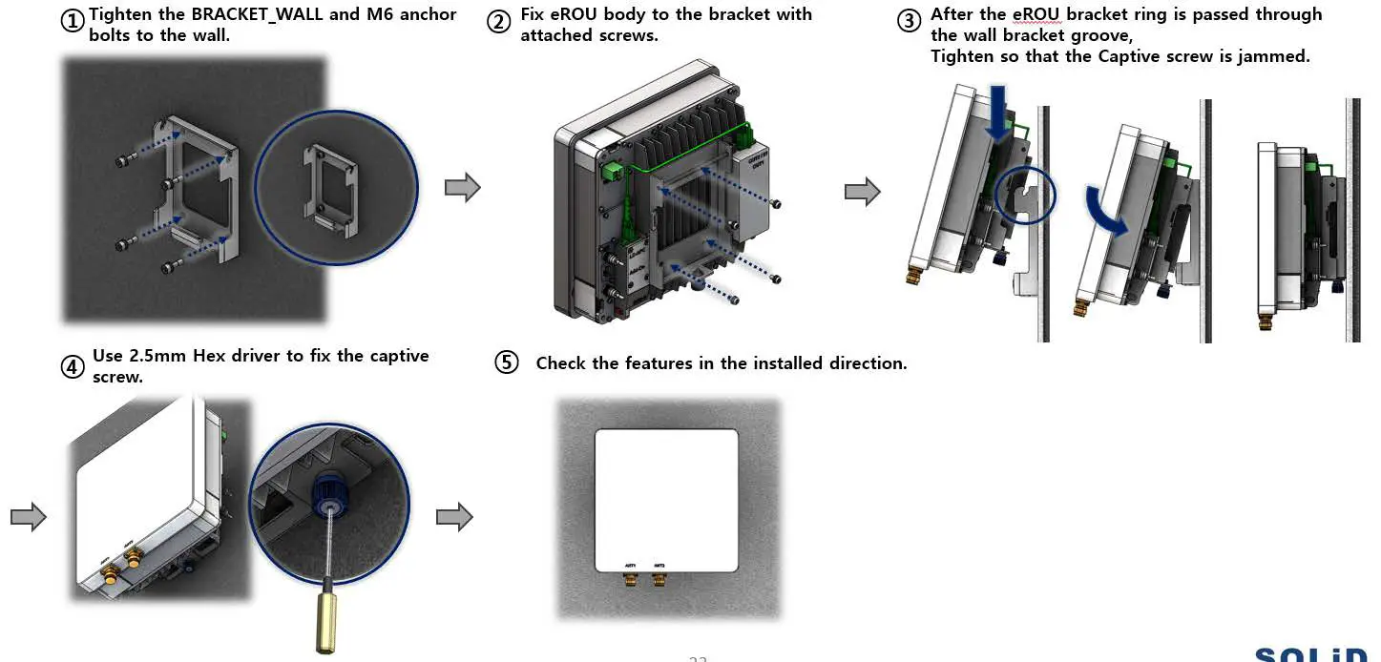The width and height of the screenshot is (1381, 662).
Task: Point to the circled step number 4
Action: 73,366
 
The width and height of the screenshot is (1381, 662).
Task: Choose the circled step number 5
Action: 507,362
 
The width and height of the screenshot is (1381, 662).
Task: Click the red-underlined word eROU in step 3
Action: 1036,14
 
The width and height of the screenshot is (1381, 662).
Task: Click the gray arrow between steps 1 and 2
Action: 462,187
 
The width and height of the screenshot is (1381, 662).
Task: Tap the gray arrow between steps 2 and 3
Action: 862,192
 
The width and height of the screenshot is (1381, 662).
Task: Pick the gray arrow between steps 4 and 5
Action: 454,517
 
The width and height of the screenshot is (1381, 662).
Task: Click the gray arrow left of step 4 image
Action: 29,517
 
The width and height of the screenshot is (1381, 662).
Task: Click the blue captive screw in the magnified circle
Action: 328,486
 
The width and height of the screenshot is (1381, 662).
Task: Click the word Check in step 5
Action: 561,363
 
